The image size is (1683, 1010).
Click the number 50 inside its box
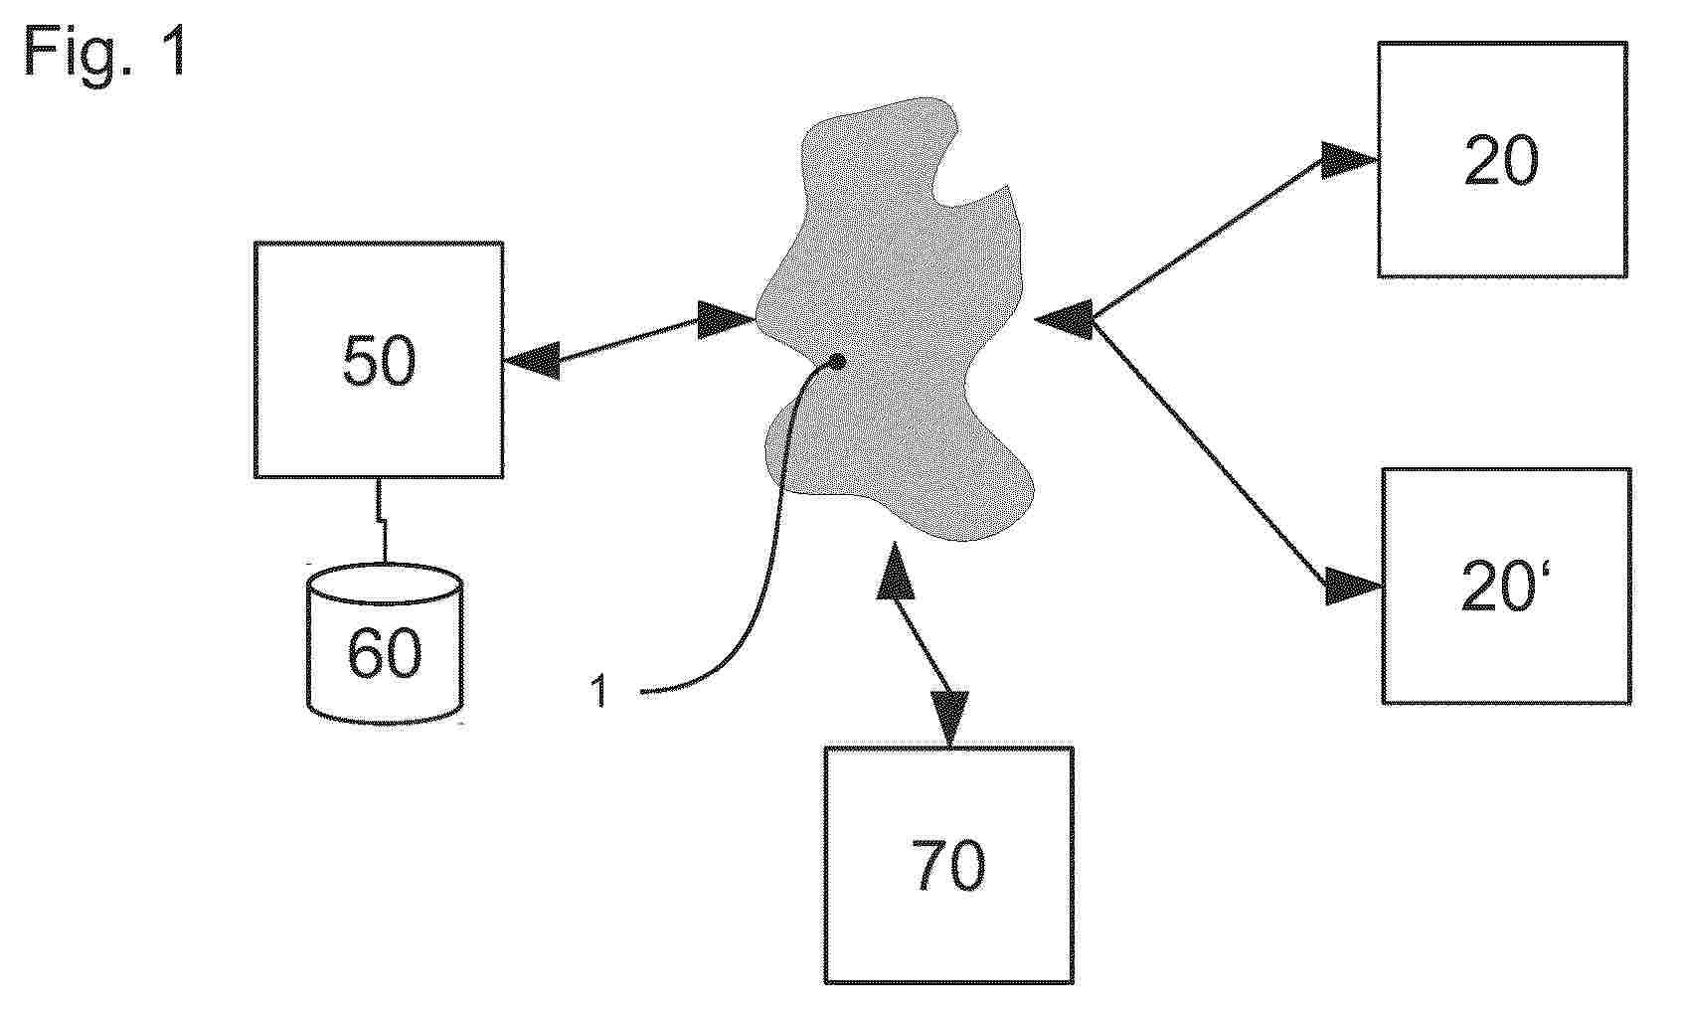click(x=379, y=362)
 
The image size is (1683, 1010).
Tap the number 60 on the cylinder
click(x=384, y=653)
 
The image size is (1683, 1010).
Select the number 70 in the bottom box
click(x=948, y=865)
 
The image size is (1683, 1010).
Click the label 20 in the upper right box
click(x=1501, y=161)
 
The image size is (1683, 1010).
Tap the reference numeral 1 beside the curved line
click(x=598, y=691)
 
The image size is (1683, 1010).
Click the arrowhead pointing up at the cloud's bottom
click(x=895, y=570)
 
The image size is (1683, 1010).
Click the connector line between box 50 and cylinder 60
click(x=381, y=520)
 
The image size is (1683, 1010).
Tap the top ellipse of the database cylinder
click(x=384, y=584)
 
